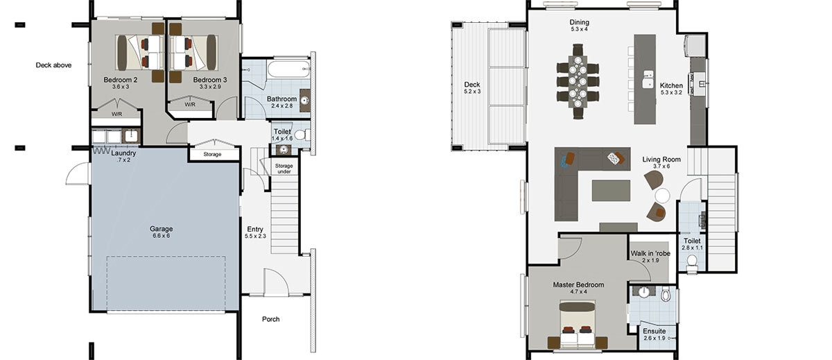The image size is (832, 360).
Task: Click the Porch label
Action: click(271, 319)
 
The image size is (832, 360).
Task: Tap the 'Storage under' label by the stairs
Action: click(284, 169)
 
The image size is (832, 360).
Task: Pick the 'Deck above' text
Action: click(54, 65)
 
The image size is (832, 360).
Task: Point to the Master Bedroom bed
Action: click(578, 327)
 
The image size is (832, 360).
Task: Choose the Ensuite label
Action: click(654, 334)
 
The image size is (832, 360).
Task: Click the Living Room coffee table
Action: click(611, 190)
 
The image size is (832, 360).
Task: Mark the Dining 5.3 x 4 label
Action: click(579, 26)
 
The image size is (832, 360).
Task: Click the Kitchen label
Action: click(672, 87)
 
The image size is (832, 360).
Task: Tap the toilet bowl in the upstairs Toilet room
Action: click(691, 262)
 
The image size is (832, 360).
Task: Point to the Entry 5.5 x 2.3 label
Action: click(255, 232)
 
